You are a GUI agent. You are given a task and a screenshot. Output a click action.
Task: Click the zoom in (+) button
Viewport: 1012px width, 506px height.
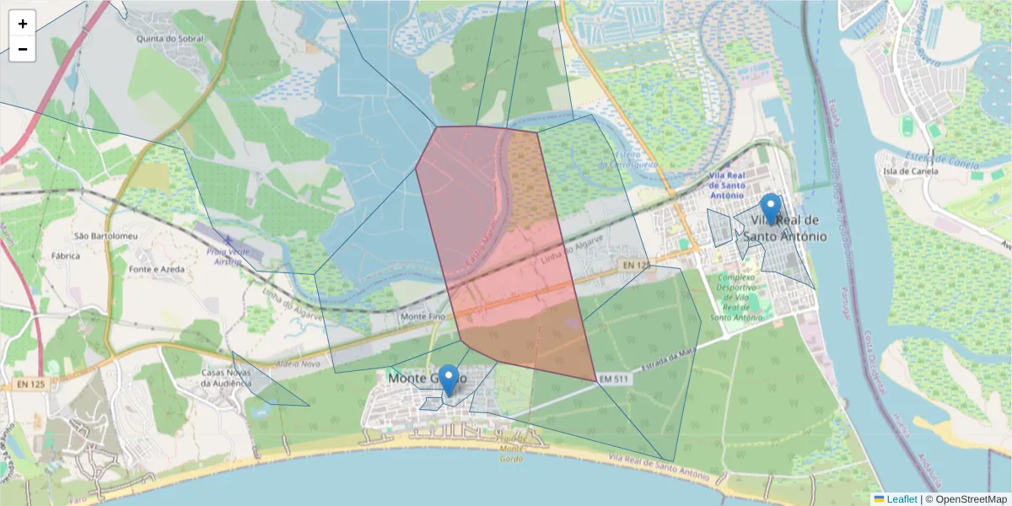coord(22,24)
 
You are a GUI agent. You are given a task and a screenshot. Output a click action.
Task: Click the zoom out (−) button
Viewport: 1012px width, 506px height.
coord(22,49)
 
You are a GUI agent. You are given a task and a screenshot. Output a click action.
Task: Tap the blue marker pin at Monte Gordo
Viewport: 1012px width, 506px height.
coord(449,380)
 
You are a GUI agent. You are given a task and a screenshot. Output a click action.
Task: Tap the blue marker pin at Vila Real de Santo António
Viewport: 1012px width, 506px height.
coord(770,209)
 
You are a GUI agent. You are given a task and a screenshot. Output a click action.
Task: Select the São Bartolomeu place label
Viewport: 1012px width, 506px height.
coord(105,236)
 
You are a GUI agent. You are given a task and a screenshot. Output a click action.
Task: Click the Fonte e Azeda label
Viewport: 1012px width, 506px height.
coord(157,270)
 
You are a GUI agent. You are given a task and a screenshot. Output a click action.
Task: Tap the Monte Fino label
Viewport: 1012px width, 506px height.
coord(423,316)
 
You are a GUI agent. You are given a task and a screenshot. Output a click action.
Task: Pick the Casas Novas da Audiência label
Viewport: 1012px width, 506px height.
coord(226,377)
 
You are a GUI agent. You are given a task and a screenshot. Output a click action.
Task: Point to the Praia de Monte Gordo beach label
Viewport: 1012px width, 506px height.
coord(512,448)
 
